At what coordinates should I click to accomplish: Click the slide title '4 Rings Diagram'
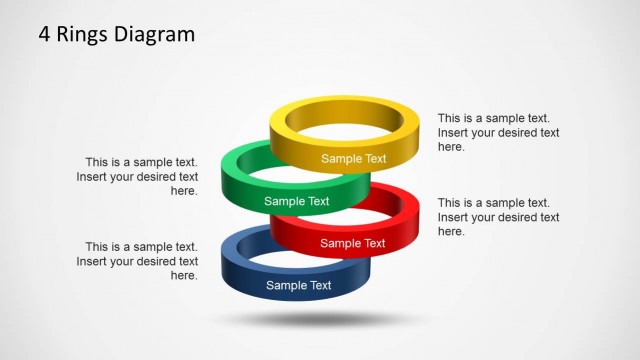(117, 35)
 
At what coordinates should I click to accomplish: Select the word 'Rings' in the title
(82, 35)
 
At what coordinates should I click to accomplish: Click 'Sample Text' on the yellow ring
(353, 158)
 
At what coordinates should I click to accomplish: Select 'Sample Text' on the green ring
(297, 201)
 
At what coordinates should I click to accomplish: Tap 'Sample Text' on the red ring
(352, 243)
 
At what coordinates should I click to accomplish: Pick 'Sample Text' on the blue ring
(298, 286)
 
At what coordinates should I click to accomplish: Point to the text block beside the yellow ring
(498, 132)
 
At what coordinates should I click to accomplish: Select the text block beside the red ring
(498, 217)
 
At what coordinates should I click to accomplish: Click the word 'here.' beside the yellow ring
(451, 147)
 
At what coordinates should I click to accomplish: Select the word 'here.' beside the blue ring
(184, 275)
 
